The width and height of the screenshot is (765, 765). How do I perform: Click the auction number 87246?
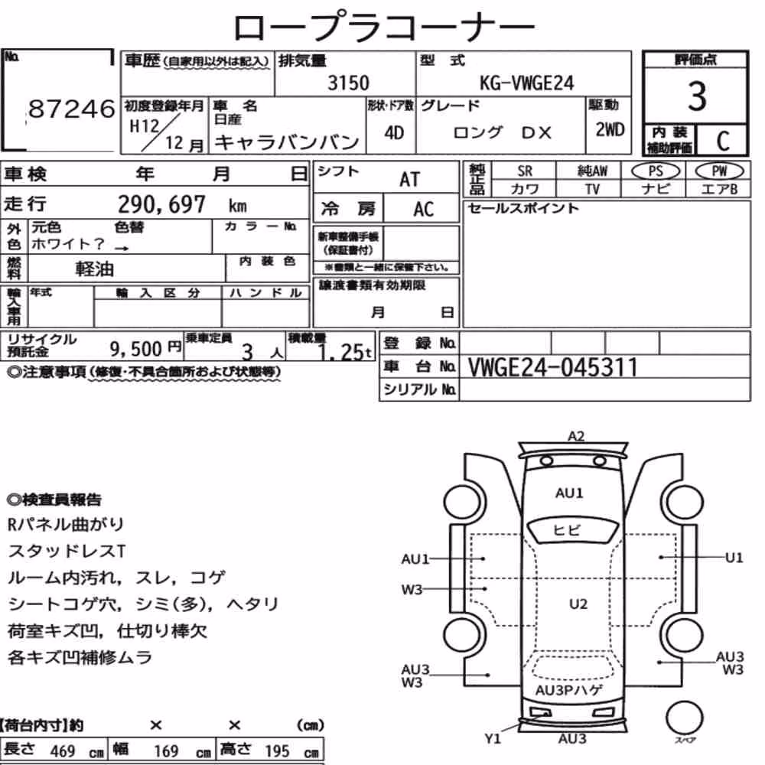(x=72, y=109)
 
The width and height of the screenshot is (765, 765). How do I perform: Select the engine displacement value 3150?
(x=348, y=83)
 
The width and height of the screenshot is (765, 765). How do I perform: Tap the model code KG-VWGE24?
(x=527, y=83)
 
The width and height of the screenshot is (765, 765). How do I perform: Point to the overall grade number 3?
(x=697, y=96)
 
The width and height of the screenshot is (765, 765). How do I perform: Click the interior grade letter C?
(x=723, y=141)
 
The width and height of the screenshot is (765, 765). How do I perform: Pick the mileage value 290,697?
(x=161, y=204)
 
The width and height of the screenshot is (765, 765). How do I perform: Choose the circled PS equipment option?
(x=656, y=171)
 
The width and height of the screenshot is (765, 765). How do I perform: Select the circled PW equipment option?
(x=719, y=171)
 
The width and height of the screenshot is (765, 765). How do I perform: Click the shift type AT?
(x=409, y=180)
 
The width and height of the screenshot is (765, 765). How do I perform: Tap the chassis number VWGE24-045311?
(x=553, y=367)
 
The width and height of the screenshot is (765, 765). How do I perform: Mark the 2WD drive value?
(x=610, y=130)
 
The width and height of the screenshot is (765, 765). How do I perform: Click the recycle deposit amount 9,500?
(x=135, y=349)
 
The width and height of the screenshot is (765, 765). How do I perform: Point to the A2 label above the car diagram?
(x=576, y=436)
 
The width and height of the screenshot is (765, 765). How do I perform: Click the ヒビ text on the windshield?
(x=566, y=530)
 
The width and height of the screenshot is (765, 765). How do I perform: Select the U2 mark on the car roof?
(x=578, y=604)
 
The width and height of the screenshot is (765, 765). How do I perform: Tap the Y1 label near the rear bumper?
(x=493, y=739)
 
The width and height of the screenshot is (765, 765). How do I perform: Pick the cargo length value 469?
(x=63, y=751)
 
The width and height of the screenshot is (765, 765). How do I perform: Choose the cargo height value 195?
(x=277, y=751)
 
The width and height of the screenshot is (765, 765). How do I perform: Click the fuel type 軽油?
(x=95, y=269)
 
